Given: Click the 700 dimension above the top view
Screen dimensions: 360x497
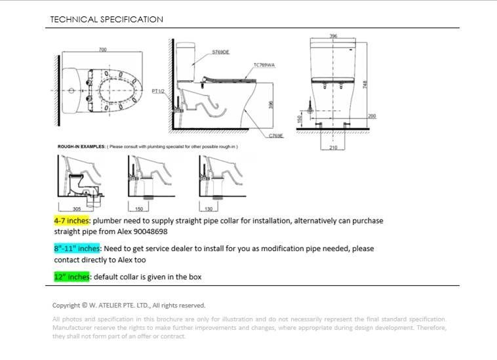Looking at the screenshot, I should (x=102, y=50).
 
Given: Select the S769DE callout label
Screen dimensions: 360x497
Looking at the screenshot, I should (x=221, y=51).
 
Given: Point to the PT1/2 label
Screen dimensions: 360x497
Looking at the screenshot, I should (x=158, y=91).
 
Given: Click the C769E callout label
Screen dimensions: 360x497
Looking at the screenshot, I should (x=276, y=135).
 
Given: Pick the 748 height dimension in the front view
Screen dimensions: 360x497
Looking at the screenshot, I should (x=365, y=84).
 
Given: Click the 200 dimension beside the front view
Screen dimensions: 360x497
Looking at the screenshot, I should (x=372, y=115).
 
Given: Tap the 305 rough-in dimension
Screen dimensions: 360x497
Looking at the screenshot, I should (x=76, y=209).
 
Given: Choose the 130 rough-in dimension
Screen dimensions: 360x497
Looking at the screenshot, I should (x=208, y=209).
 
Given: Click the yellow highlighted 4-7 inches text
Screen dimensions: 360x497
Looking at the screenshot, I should (x=72, y=221).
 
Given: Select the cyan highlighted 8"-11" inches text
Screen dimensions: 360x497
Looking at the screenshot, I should (x=77, y=249).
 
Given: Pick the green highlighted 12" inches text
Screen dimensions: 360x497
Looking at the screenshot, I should (x=72, y=277).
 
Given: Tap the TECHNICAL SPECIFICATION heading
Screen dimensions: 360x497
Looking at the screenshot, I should (x=107, y=20).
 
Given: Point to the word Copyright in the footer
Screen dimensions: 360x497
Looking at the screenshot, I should (x=66, y=305).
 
